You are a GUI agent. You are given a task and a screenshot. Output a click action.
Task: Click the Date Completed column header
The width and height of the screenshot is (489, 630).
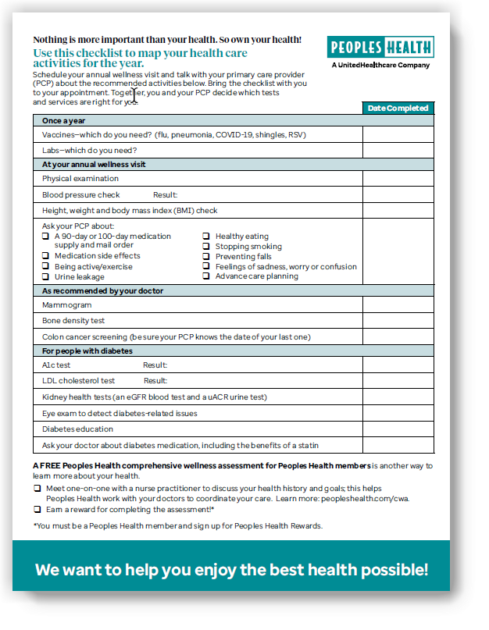(x=398, y=109)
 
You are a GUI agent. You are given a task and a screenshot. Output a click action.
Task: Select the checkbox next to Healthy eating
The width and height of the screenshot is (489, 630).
(x=206, y=236)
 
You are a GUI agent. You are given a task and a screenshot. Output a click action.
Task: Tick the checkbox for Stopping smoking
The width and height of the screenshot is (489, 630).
(x=206, y=246)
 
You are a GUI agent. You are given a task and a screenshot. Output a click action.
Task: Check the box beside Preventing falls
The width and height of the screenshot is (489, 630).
(x=206, y=256)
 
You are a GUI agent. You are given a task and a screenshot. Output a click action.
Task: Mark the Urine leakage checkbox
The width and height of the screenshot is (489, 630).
(x=46, y=276)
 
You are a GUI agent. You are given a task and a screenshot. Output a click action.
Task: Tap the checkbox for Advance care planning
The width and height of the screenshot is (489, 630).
(x=206, y=276)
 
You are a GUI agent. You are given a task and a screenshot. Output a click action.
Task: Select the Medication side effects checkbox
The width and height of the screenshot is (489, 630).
(x=46, y=255)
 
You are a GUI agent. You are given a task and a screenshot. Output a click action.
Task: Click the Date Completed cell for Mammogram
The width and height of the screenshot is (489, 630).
(x=398, y=305)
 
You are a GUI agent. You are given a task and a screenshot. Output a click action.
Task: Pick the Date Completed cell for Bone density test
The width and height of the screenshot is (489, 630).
(x=398, y=321)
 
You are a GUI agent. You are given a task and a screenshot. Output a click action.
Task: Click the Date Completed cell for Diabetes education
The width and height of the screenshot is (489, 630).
(x=398, y=429)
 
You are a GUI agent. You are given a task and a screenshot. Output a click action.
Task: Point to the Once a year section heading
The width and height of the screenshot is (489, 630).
(x=64, y=121)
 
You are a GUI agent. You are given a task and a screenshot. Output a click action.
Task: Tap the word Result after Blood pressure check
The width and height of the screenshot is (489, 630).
(x=165, y=194)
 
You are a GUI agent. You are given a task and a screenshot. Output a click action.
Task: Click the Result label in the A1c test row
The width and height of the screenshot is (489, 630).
(x=155, y=365)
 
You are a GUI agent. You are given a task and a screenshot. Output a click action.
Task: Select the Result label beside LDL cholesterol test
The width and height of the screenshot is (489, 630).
(x=155, y=381)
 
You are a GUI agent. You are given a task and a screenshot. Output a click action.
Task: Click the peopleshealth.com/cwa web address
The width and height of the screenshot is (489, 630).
(x=363, y=497)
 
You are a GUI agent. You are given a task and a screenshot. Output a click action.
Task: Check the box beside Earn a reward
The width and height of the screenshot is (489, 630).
(x=37, y=509)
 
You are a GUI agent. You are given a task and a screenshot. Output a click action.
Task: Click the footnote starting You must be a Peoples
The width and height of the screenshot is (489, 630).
(x=177, y=525)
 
